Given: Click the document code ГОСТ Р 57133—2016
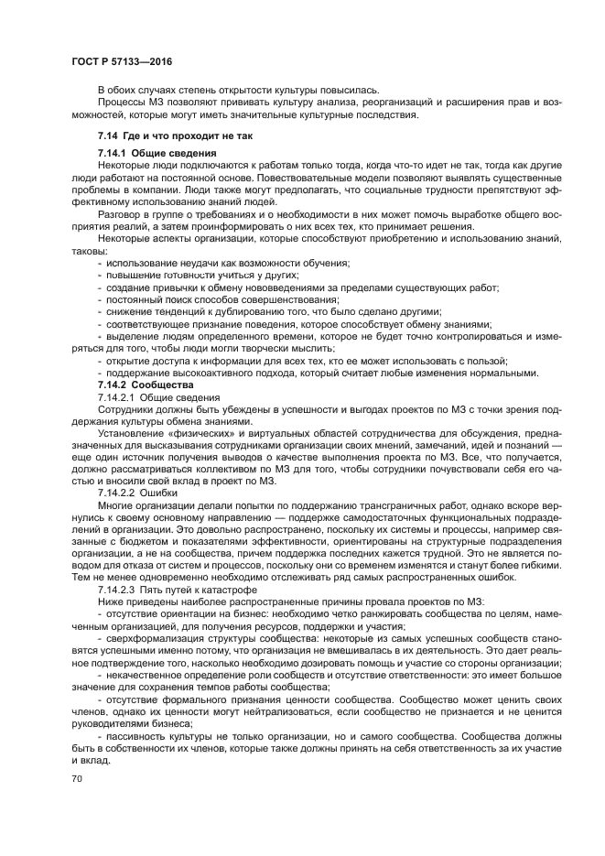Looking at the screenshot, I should coord(121,61).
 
